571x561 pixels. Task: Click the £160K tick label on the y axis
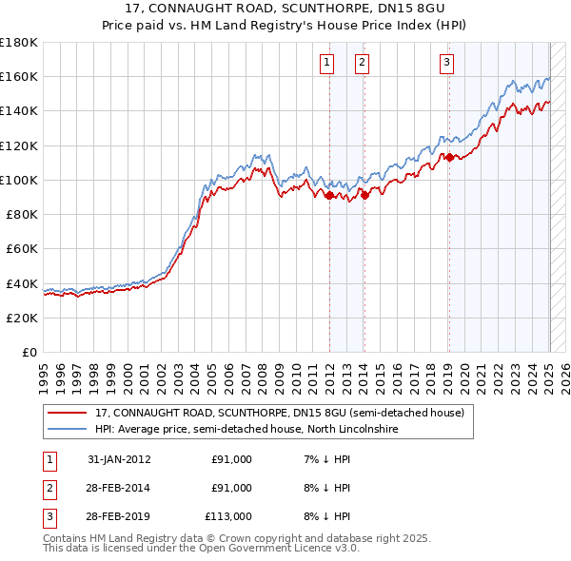coord(19,76)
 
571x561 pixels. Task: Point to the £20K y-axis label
coord(22,318)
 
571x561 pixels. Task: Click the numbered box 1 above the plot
coord(327,64)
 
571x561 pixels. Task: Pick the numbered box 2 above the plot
coord(363,64)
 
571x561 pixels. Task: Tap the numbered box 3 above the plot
coord(446,64)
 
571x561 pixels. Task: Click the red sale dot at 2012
coord(329,196)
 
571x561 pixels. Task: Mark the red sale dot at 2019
coord(449,158)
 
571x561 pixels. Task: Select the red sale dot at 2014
coord(364,196)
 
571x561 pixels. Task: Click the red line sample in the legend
coord(66,414)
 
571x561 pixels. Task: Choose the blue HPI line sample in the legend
coord(66,430)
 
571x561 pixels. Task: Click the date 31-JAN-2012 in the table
coord(119,460)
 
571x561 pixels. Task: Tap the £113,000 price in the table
coord(228,516)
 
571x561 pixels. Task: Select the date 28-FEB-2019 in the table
coord(119,516)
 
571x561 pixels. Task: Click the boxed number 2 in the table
coord(48,489)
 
